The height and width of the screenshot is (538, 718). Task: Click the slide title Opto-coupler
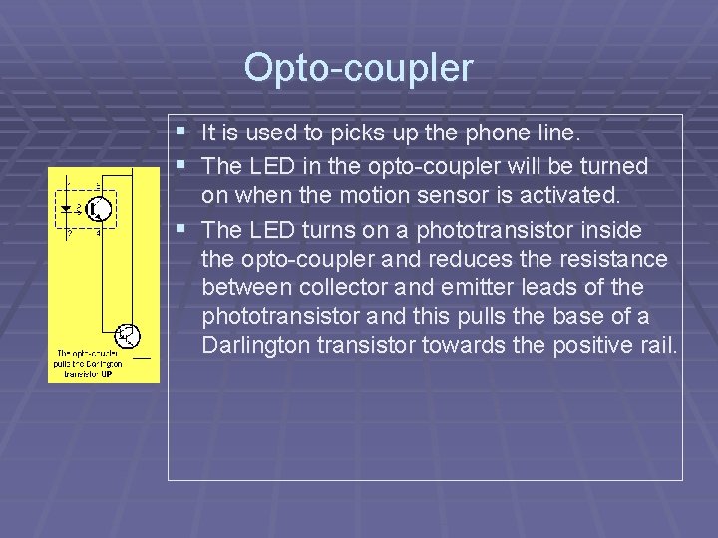[x=358, y=68]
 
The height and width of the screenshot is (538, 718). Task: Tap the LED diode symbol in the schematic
[x=67, y=209]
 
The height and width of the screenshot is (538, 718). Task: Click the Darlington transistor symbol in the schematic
[x=128, y=336]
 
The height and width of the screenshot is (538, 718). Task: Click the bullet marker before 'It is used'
[x=179, y=132]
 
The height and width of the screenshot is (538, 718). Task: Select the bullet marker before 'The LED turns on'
[x=179, y=229]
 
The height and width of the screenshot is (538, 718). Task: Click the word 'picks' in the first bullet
[x=355, y=133]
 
